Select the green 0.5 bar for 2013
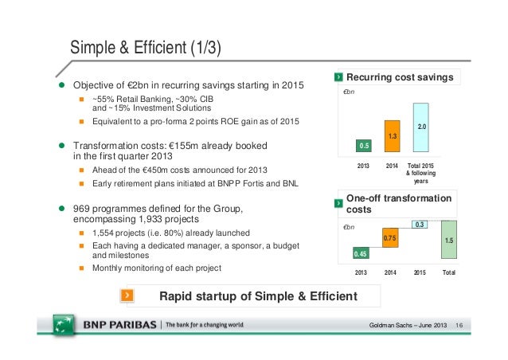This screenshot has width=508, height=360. [x=364, y=145]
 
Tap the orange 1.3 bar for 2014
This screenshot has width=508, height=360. [x=392, y=136]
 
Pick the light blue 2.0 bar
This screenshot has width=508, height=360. [x=420, y=127]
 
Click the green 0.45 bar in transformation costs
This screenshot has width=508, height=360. [x=360, y=253]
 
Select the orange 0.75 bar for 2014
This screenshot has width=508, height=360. [x=389, y=238]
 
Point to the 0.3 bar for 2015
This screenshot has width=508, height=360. [x=419, y=225]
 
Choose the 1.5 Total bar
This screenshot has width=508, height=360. [x=449, y=240]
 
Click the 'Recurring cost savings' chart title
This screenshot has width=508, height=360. [x=400, y=77]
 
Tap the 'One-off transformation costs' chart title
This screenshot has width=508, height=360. [x=398, y=203]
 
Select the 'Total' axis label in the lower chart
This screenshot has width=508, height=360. [x=450, y=272]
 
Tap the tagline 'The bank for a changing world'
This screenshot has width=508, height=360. [x=204, y=326]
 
